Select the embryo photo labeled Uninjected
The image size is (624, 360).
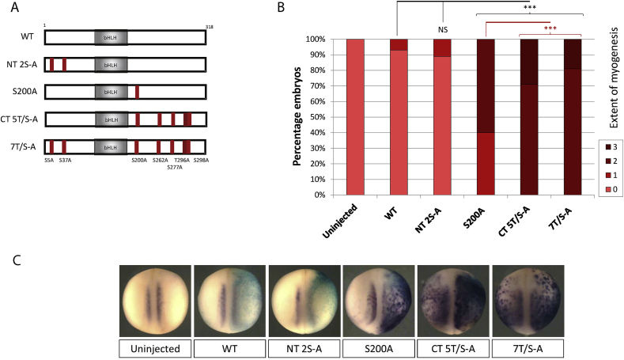point(156,301)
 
